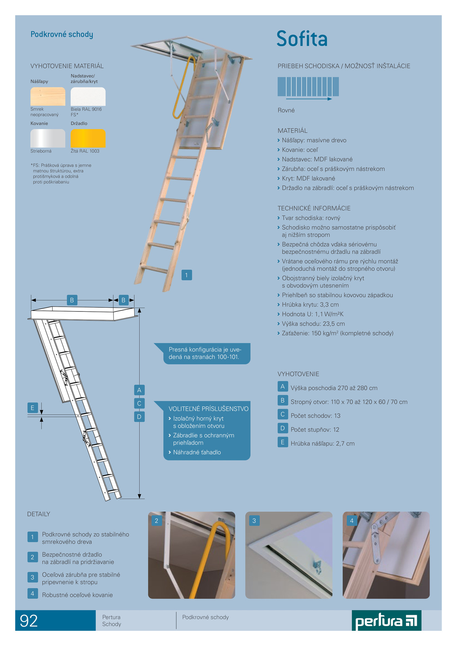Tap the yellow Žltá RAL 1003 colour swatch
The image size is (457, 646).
click(88, 138)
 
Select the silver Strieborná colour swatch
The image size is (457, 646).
click(48, 138)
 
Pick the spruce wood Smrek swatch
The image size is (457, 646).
click(48, 96)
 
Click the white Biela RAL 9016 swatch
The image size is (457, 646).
click(88, 96)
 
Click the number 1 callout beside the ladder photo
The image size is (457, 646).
click(187, 275)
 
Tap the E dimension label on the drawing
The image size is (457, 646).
click(33, 408)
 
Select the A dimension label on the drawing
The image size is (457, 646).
click(139, 390)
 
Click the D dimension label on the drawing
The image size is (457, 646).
click(139, 416)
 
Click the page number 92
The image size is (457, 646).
click(29, 621)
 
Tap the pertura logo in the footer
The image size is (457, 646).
click(386, 621)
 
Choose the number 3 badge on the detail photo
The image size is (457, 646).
click(254, 521)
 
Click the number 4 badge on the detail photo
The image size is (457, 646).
click(352, 521)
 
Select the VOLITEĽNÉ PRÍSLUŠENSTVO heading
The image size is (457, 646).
click(209, 409)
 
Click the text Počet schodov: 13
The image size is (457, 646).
click(315, 416)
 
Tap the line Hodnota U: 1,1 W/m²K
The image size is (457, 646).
click(313, 314)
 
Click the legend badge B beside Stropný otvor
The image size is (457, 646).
click(283, 400)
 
